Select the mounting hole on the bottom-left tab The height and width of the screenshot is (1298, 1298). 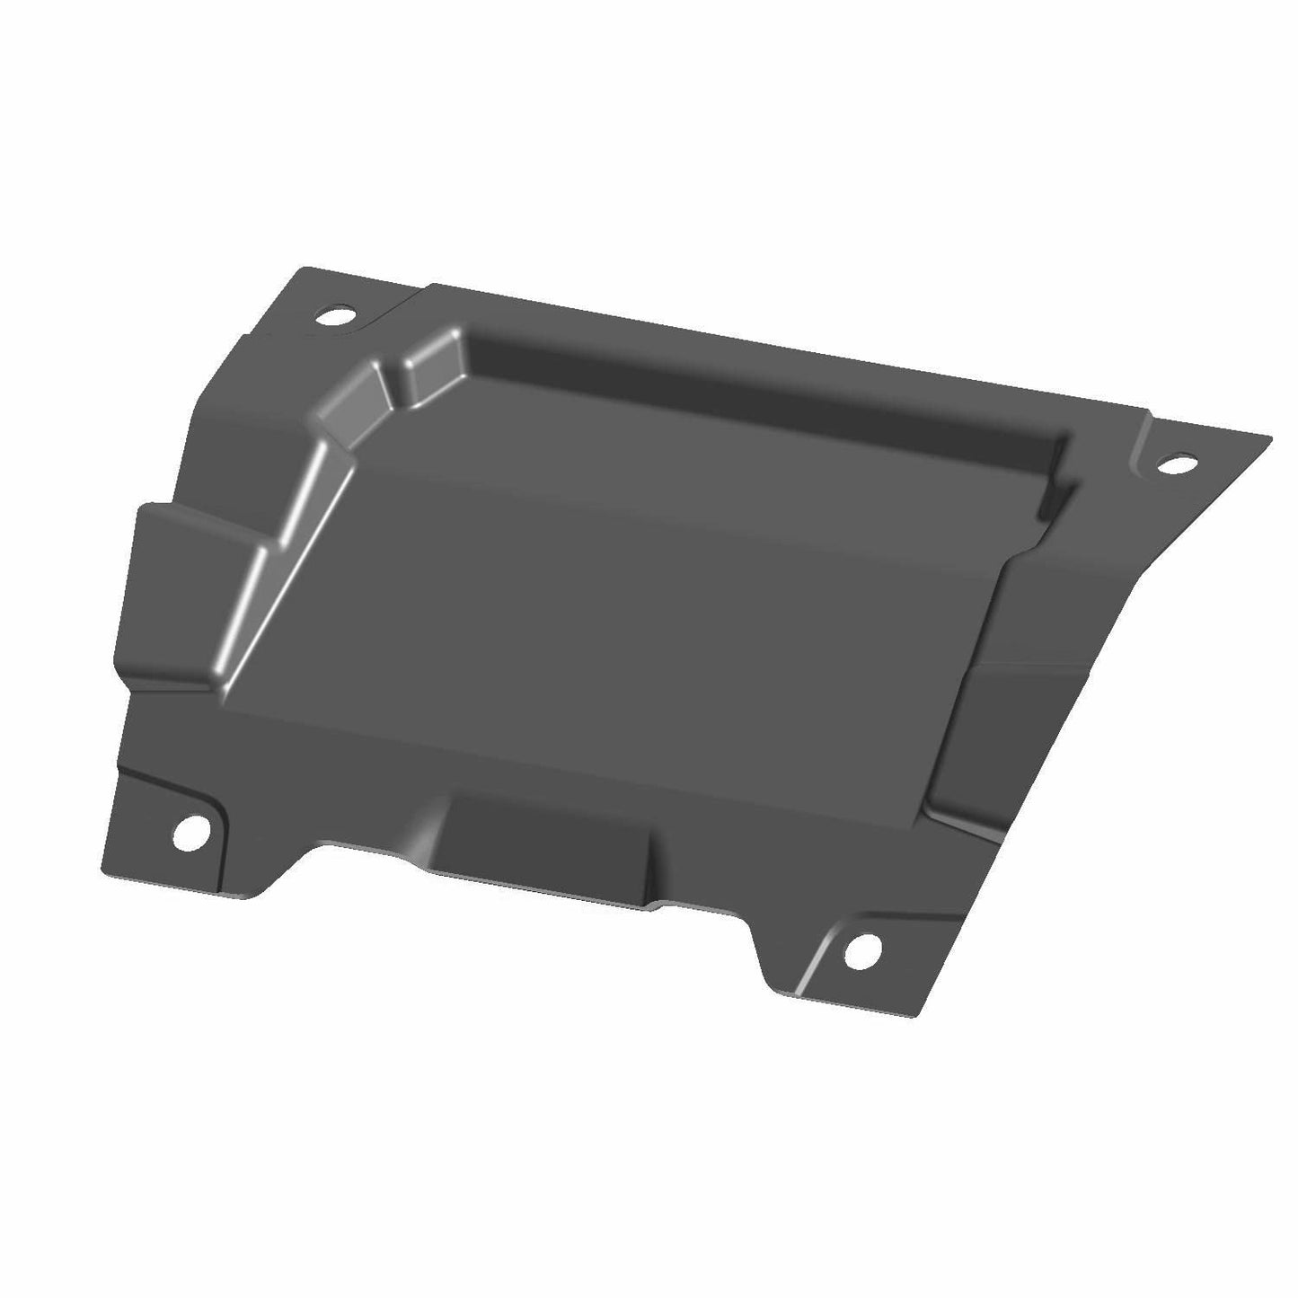[189, 833]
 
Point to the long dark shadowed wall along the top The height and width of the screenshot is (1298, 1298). [764, 395]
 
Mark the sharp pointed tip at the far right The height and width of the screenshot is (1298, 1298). [1269, 438]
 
